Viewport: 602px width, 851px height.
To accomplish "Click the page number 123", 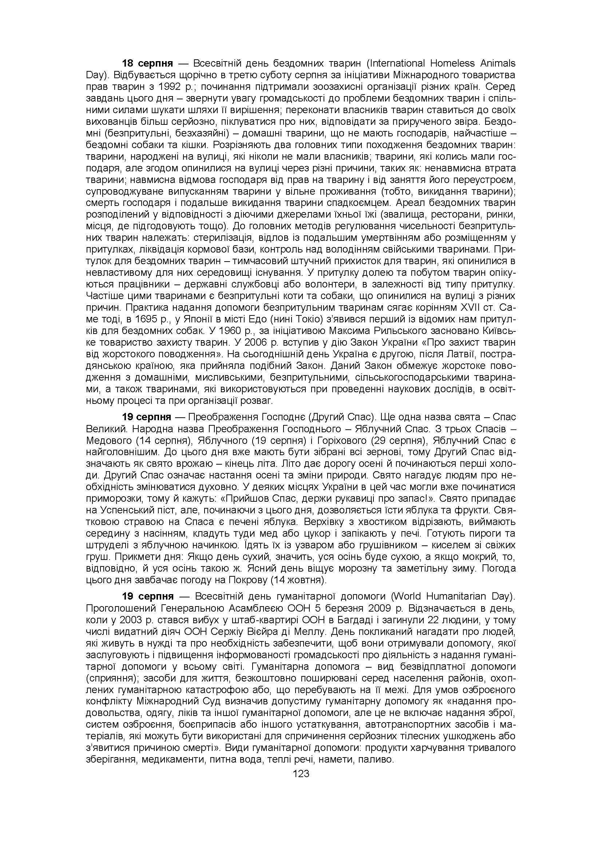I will tap(301, 774).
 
